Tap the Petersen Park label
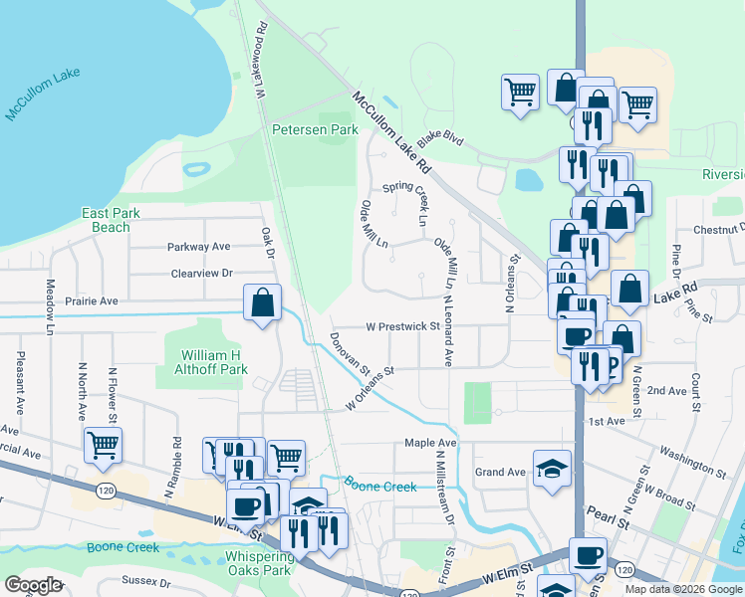tap(314, 130)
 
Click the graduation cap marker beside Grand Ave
tap(551, 468)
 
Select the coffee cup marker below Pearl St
tap(587, 554)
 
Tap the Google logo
tap(33, 585)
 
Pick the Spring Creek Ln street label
tap(412, 188)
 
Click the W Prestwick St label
tap(402, 326)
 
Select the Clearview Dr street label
tap(201, 273)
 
